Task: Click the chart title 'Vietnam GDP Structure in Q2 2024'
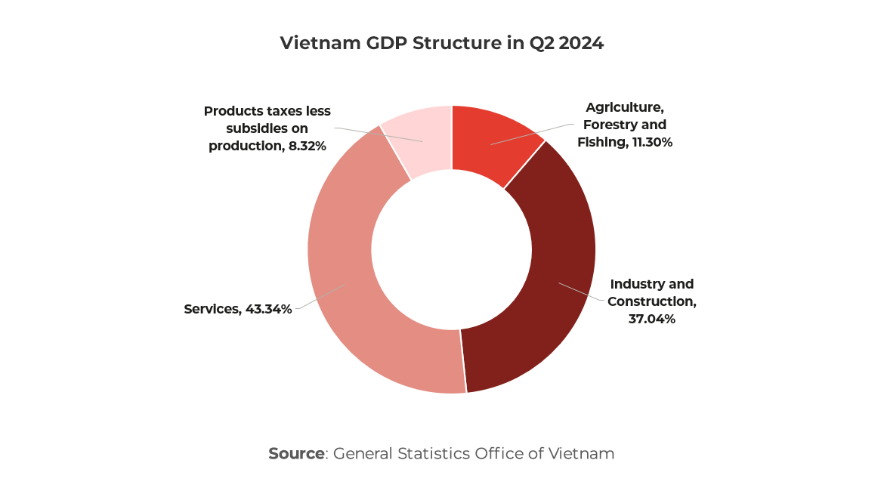[442, 43]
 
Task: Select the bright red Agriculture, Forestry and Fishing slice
[495, 144]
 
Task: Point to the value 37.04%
[651, 319]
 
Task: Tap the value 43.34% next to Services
[268, 309]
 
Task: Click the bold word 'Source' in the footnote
[296, 454]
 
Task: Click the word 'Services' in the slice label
[212, 309]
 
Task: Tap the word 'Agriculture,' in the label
[625, 107]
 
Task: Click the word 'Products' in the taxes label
[230, 112]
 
